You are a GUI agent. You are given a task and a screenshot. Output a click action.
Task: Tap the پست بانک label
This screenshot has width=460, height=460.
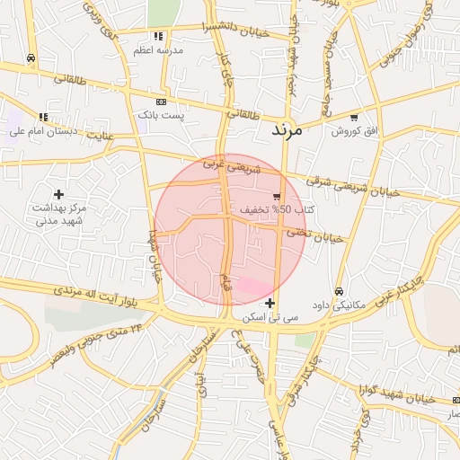160,116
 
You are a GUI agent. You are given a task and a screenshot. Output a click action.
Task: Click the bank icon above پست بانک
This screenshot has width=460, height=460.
161,102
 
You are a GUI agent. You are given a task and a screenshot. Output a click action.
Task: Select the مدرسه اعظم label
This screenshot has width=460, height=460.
158,50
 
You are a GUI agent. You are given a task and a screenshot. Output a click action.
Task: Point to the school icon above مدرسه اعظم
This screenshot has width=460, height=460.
158,37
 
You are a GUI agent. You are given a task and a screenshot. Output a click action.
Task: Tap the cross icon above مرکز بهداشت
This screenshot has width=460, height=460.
59,194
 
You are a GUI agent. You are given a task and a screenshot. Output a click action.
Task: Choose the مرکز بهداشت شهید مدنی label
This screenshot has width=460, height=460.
59,214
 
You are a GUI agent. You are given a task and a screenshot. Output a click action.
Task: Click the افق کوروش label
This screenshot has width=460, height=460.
354,131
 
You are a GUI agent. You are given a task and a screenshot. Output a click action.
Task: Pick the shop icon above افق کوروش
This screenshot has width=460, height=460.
354,118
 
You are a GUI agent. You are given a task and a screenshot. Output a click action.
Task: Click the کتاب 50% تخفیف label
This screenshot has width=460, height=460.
264,209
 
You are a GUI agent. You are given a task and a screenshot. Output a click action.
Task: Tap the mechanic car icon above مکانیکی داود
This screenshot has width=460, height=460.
339,291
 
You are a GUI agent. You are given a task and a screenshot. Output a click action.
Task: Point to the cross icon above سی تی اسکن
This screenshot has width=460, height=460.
270,303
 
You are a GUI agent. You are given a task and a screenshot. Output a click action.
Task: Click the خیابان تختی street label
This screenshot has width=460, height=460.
316,235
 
